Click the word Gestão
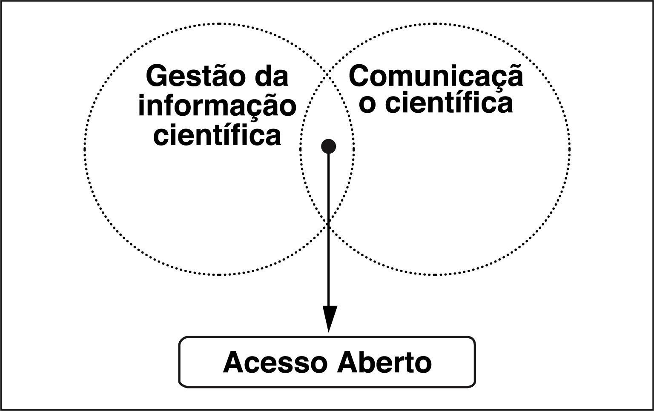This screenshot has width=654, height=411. point(193,77)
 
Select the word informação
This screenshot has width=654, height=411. point(217,106)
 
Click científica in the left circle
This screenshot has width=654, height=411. point(217,135)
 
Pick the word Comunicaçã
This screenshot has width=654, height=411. point(436,77)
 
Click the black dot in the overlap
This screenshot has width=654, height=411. point(328,146)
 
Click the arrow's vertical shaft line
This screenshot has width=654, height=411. point(329,255)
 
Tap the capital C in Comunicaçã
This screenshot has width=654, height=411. point(360,77)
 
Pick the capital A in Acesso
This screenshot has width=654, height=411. point(233,363)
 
